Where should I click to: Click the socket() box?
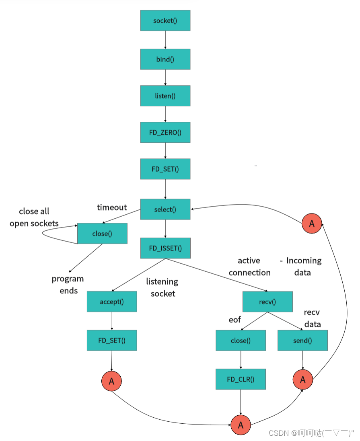(x=165, y=21)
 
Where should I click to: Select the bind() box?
(x=165, y=59)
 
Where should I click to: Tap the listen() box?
(x=165, y=96)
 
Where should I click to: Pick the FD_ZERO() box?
(x=165, y=132)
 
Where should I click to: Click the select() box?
(x=165, y=209)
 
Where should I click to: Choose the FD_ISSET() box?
(x=165, y=248)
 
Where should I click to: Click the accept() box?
(x=112, y=302)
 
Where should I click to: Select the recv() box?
(x=267, y=302)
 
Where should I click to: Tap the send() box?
(x=302, y=340)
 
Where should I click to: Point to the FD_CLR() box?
(x=241, y=379)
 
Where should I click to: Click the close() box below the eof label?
(x=241, y=340)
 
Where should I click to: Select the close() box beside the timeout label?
(x=102, y=233)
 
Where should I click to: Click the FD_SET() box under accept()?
(x=112, y=340)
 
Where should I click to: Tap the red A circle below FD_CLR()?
(x=241, y=425)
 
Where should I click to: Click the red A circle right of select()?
(x=312, y=224)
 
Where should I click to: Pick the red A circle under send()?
(x=302, y=379)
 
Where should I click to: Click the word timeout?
(x=112, y=207)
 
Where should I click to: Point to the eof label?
(x=235, y=320)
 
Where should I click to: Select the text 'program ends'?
(x=68, y=285)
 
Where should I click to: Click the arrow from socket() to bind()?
(x=165, y=40)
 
